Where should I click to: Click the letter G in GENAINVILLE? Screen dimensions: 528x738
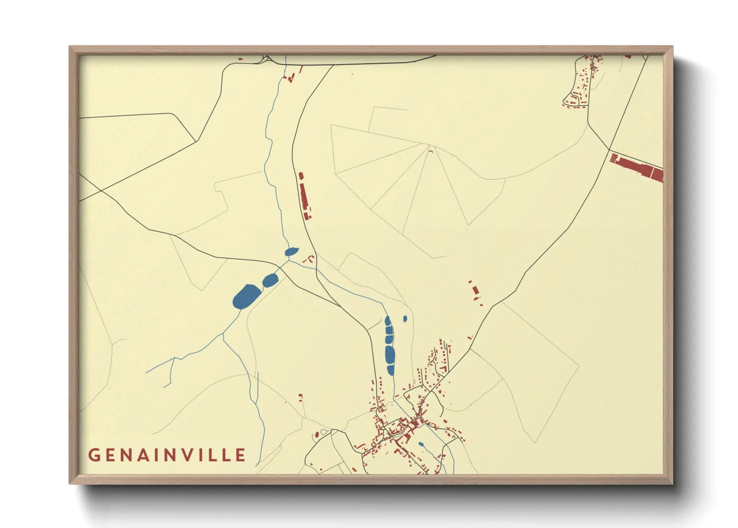[94, 455]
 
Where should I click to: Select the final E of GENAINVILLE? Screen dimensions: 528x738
[241, 455]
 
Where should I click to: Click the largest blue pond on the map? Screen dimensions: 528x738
[246, 296]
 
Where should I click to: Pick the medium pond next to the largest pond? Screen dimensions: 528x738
[270, 280]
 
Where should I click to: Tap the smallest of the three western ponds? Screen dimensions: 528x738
[292, 252]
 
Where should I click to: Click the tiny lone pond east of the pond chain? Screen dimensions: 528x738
[405, 318]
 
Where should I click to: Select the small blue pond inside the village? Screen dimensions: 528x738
[421, 444]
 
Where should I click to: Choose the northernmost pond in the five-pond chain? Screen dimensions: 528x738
[387, 321]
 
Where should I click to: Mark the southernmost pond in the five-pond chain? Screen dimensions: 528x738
[391, 370]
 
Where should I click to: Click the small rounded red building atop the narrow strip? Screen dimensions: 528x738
[301, 176]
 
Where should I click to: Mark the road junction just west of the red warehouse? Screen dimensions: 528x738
[609, 149]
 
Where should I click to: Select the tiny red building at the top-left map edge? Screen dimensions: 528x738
[240, 59]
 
